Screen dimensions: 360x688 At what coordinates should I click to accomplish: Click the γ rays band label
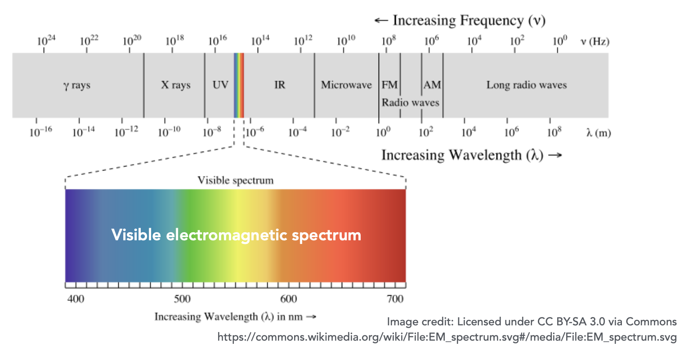click(x=77, y=85)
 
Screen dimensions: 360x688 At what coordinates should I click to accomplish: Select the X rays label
click(x=176, y=85)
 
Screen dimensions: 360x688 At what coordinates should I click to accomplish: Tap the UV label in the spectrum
click(x=220, y=85)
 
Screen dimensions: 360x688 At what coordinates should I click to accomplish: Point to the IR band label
click(x=280, y=85)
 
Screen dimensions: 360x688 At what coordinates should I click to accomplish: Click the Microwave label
click(x=346, y=85)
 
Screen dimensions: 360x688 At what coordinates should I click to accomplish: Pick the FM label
click(x=389, y=85)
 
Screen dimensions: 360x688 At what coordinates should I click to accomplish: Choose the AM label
click(x=432, y=85)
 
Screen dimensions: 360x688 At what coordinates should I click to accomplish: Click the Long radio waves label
click(x=526, y=85)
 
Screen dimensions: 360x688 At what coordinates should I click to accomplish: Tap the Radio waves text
click(x=410, y=103)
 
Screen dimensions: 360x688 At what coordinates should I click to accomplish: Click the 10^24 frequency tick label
click(x=46, y=40)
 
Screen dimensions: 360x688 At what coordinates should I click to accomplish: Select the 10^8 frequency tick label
click(x=389, y=40)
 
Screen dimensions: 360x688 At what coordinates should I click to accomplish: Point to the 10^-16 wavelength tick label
click(x=40, y=132)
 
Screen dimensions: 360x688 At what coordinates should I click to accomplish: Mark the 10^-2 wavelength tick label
click(x=340, y=132)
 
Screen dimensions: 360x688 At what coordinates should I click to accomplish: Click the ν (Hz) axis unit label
click(x=594, y=42)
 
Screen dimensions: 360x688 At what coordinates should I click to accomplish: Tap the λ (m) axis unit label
click(x=599, y=133)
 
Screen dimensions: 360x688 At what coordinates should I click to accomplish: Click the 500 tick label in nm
click(x=182, y=299)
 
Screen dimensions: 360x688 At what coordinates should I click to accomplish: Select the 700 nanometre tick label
click(x=395, y=299)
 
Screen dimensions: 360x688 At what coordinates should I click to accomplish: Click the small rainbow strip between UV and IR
click(x=239, y=85)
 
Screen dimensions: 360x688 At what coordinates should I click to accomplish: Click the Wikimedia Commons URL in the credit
click(x=447, y=337)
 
